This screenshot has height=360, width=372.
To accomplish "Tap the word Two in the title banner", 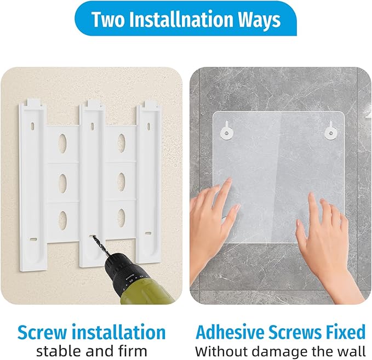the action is [x=108, y=19].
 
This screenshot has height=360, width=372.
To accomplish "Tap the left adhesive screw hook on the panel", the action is [x=226, y=132].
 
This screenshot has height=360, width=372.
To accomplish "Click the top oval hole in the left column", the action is [x=62, y=143].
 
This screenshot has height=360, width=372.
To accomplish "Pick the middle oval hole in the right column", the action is [x=122, y=182].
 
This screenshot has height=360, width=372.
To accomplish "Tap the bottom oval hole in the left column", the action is [x=62, y=220].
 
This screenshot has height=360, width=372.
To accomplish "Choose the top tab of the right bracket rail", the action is [x=151, y=104].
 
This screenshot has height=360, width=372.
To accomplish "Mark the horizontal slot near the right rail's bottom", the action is [x=148, y=233].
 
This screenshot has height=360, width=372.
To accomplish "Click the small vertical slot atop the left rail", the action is [x=33, y=126].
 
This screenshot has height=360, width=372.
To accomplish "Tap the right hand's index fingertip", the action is [x=311, y=195].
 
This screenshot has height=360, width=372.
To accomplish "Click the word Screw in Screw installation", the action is [x=42, y=332].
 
